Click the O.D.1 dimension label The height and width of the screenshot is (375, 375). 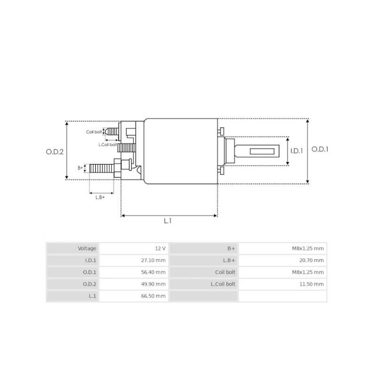pos(321,150)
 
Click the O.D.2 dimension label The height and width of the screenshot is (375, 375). pos(54,151)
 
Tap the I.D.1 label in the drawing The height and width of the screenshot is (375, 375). pos(297,151)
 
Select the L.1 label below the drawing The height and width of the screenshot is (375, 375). pos(167,221)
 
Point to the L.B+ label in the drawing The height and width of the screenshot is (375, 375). pos(100,197)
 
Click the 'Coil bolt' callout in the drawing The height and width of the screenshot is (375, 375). pos(94,132)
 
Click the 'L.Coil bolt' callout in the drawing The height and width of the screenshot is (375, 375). pos(107,144)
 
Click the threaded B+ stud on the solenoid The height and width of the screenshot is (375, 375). pos(101,168)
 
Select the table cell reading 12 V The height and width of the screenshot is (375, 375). pos(160,248)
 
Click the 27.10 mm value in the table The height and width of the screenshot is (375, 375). pos(154,260)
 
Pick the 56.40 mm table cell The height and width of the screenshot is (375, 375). pos(154,272)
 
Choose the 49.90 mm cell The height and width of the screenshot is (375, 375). pos(154,284)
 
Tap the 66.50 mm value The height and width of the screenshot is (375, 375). pos(154,296)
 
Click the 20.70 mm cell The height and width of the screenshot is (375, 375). pos(312,260)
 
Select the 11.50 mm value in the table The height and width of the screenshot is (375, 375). pos(312,284)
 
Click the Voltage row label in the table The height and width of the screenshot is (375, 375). pos(87,248)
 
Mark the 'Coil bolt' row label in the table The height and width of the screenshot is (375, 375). pos(225,272)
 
